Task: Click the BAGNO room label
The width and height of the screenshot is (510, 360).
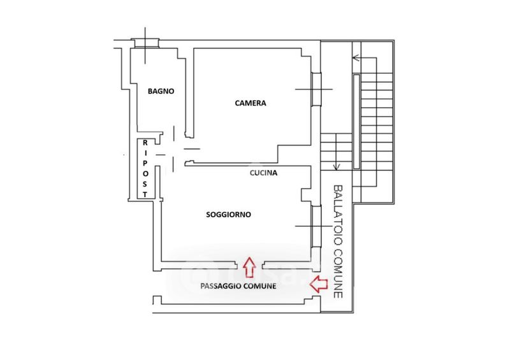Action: click(161, 91)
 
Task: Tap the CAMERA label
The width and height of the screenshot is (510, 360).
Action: click(251, 103)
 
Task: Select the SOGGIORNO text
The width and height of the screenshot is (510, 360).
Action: click(229, 215)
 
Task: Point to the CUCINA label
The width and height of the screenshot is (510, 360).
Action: click(263, 173)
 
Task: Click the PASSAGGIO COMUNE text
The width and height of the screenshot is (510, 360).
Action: click(238, 286)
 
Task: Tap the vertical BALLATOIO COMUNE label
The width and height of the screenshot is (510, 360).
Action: click(339, 241)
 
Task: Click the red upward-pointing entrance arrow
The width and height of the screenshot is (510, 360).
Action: click(249, 267)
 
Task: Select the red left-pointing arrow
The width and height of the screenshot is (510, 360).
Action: click(318, 284)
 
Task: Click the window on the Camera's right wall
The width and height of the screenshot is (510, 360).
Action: click(316, 89)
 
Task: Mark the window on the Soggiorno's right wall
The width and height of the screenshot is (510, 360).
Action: click(316, 226)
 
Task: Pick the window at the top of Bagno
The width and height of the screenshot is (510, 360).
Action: click(145, 43)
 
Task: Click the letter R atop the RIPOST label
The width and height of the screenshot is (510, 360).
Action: click(145, 143)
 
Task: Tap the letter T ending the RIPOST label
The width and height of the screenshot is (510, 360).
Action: click(145, 194)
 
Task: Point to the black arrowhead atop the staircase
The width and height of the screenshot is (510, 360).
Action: click(356, 58)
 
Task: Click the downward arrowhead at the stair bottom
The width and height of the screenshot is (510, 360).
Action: click(337, 167)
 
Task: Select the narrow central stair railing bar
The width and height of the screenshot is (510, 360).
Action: click(356, 122)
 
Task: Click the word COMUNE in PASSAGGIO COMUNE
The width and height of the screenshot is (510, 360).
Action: click(260, 286)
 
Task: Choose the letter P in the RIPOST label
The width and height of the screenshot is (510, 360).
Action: click(145, 163)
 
